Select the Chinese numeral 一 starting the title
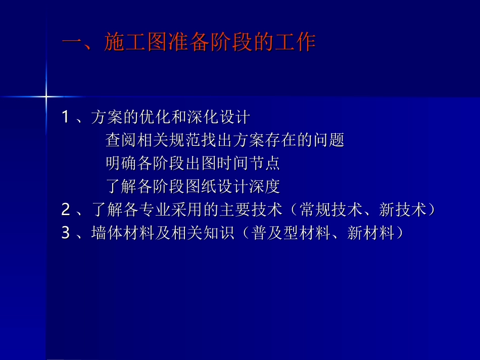click(71, 42)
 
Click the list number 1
click(65, 118)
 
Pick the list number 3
click(65, 234)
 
